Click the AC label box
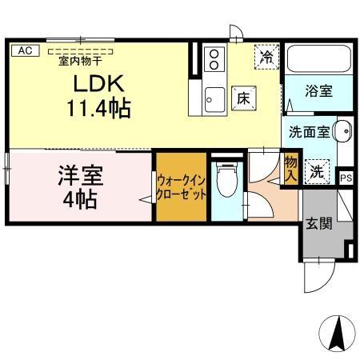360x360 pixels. click(24, 50)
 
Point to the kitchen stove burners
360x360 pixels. click(214, 60)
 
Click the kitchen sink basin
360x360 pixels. click(214, 99)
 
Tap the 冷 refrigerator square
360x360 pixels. click(266, 57)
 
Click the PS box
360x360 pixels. click(346, 178)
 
